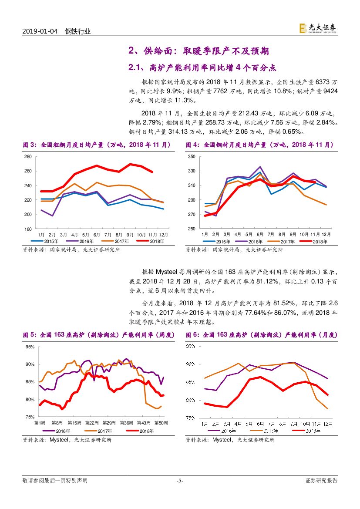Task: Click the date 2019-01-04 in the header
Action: click(40, 31)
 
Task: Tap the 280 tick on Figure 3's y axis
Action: click(28, 157)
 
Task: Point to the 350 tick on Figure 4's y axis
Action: click(191, 156)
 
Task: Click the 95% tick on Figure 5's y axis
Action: click(30, 347)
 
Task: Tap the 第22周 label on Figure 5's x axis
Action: click(91, 423)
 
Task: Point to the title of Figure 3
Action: click(97, 145)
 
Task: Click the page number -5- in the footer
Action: click(180, 481)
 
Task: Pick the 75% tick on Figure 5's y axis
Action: click(30, 417)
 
